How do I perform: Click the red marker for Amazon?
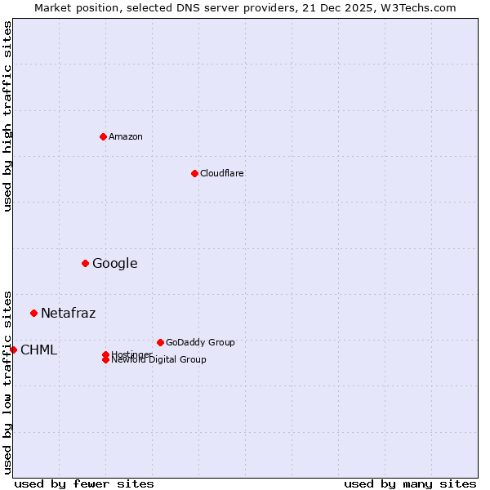click(103, 136)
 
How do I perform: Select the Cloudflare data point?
click(194, 173)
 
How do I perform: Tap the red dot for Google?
click(85, 263)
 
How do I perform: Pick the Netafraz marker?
click(33, 313)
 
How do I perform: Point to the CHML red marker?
click(13, 350)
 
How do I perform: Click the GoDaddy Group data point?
click(160, 342)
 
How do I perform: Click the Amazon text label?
click(126, 136)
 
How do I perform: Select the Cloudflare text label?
click(222, 173)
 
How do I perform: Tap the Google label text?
click(114, 263)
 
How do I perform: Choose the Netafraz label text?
click(68, 313)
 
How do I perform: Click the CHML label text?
click(38, 350)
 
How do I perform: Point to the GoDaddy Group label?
click(200, 342)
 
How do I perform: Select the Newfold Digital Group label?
click(159, 360)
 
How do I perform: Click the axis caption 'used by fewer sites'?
click(84, 483)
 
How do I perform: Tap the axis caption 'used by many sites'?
click(410, 483)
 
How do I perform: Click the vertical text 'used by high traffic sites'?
click(7, 116)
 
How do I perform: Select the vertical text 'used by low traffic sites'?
click(7, 381)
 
